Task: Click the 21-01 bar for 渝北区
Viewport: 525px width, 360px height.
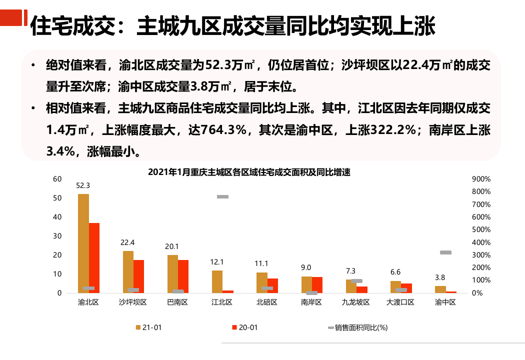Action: click(x=83, y=243)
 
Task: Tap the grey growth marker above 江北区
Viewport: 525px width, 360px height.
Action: click(x=222, y=197)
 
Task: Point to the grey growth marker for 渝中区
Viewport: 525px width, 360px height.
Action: click(x=445, y=252)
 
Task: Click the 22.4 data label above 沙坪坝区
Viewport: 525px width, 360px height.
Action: click(x=127, y=242)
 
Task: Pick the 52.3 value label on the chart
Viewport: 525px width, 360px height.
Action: click(x=83, y=185)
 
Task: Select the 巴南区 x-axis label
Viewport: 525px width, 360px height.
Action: click(x=177, y=302)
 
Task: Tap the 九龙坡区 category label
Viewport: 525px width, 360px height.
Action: click(x=356, y=302)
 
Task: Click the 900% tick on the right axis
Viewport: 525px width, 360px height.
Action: click(x=481, y=179)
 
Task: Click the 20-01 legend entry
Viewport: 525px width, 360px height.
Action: click(x=245, y=327)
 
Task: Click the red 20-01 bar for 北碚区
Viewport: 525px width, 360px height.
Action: click(x=272, y=285)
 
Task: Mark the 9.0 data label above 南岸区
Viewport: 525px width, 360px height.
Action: click(x=306, y=267)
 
